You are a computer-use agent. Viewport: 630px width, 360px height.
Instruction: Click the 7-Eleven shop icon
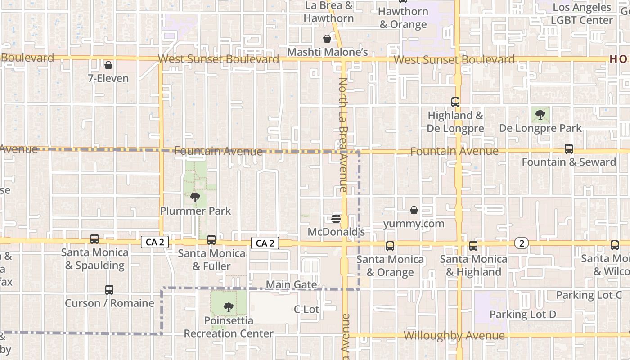(108, 65)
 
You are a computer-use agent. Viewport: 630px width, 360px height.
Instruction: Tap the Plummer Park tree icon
(195, 197)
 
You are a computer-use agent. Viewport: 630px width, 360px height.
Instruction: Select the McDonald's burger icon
(336, 219)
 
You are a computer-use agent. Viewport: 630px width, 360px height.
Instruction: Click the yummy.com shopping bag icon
(414, 210)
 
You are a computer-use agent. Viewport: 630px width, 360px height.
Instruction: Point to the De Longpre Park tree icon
(540, 114)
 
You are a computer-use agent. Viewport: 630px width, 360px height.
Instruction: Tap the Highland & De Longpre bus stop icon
(455, 102)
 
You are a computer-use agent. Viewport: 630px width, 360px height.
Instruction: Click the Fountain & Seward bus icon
(569, 149)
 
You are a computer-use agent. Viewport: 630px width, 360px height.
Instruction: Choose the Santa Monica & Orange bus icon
(390, 246)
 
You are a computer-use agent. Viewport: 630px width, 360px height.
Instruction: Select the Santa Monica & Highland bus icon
(473, 246)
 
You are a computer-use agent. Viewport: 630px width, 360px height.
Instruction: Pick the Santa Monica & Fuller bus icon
(211, 240)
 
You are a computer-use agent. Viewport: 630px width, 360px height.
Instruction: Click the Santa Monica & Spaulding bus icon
(94, 239)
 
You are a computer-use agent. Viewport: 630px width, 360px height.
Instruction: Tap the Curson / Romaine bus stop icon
(109, 290)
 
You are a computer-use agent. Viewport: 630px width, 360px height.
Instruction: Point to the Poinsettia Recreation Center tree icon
(229, 307)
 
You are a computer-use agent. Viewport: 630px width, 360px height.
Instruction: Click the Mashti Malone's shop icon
(327, 39)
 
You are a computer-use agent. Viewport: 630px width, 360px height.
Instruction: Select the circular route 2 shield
(522, 243)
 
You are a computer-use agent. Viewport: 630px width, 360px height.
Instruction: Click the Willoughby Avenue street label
(454, 336)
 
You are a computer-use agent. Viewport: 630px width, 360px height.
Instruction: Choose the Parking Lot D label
(523, 314)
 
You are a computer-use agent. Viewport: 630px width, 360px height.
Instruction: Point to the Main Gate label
(291, 285)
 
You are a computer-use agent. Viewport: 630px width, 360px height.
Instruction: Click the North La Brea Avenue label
(343, 135)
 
